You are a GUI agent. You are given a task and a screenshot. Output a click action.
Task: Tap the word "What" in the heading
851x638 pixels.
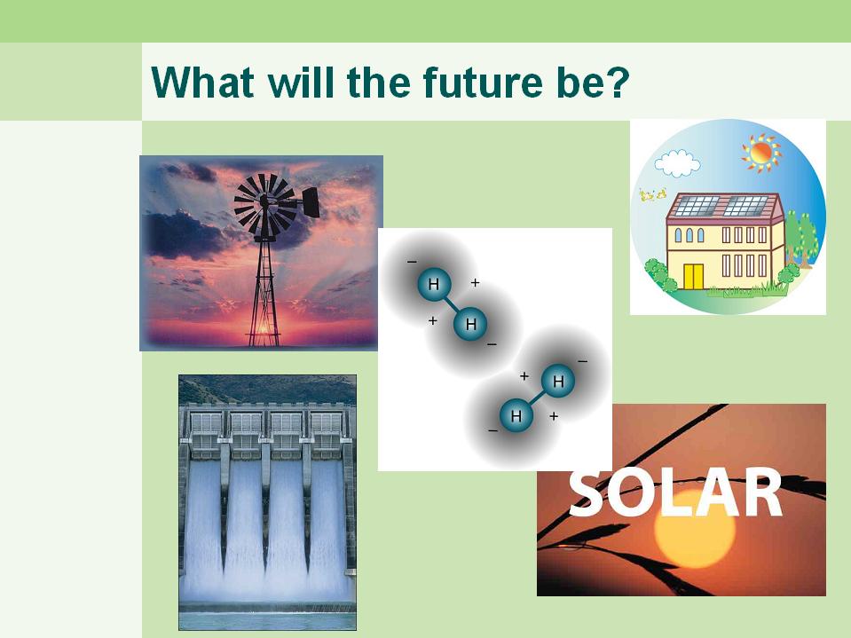pyautogui.click(x=202, y=82)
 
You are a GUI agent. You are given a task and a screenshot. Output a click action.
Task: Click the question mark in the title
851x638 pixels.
pyautogui.click(x=619, y=82)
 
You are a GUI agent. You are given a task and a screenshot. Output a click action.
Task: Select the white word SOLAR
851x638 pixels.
pyautogui.click(x=675, y=492)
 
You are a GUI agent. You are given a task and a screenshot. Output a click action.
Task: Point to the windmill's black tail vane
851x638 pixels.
pyautogui.click(x=311, y=201)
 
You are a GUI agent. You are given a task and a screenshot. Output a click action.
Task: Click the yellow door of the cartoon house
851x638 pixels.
pyautogui.click(x=693, y=277)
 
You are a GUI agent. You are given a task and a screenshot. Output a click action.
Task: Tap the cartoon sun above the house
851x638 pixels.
pyautogui.click(x=760, y=153)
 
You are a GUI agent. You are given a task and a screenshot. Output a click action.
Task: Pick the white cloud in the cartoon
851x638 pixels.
pyautogui.click(x=677, y=163)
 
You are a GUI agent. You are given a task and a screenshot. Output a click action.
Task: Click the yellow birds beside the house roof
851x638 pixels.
pyautogui.click(x=652, y=194)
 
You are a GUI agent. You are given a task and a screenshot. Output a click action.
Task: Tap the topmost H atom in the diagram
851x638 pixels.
pyautogui.click(x=434, y=284)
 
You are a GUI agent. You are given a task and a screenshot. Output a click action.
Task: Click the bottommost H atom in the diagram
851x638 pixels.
pyautogui.click(x=516, y=416)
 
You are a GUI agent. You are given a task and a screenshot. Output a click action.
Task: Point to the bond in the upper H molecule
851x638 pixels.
pyautogui.click(x=452, y=303)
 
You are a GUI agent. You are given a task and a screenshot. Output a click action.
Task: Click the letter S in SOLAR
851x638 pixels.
pyautogui.click(x=587, y=492)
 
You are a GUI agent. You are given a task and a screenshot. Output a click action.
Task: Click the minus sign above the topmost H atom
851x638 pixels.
pyautogui.click(x=412, y=262)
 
